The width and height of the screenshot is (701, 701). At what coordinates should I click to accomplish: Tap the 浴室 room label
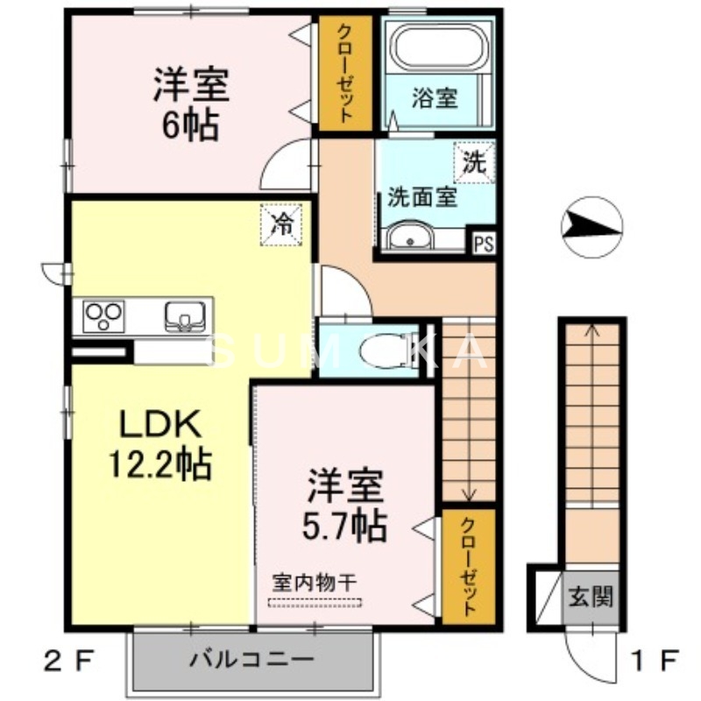pyautogui.click(x=435, y=97)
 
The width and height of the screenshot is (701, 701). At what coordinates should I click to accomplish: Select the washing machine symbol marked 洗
pyautogui.click(x=473, y=162)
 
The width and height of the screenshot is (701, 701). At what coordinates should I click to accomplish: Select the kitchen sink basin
pyautogui.click(x=184, y=314)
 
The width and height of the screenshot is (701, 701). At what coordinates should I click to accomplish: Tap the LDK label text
pyautogui.click(x=161, y=428)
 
